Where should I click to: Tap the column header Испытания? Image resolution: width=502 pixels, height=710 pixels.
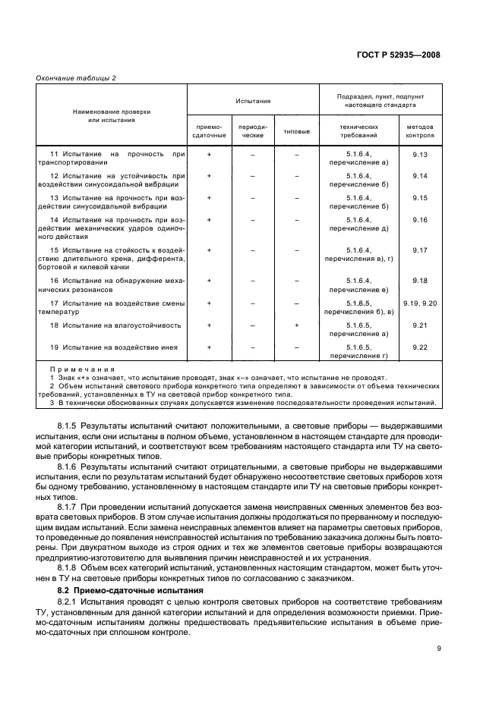tap(253, 99)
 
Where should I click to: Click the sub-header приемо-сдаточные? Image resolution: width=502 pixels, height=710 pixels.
tap(210, 131)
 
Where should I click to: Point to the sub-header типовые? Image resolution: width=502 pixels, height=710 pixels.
tap(297, 131)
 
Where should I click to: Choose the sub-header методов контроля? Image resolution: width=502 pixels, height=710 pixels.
tap(420, 131)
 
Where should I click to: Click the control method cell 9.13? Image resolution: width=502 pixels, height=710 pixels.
tap(420, 155)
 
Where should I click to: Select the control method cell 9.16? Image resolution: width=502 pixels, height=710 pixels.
tap(420, 220)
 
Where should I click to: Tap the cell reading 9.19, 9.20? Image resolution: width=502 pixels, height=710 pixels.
tap(420, 303)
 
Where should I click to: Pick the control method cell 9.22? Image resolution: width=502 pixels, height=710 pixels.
tap(420, 347)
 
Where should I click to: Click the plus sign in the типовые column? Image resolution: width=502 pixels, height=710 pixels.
tap(297, 325)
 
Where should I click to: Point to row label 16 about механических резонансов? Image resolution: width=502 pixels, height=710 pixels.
tap(111, 285)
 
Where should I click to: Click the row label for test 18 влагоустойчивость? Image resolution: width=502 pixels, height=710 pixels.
tap(115, 325)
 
